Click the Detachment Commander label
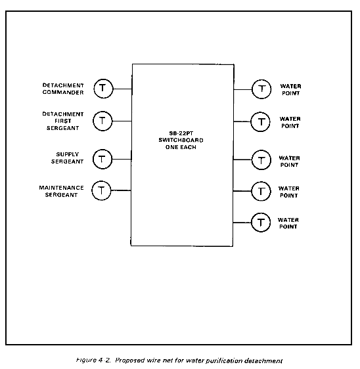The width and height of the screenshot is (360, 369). (x=63, y=89)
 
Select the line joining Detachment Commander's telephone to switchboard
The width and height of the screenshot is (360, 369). (x=122, y=89)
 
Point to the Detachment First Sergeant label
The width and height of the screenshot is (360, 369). (x=63, y=121)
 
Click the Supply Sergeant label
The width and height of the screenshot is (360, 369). (x=68, y=158)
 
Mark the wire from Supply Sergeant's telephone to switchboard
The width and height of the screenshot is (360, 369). (x=122, y=160)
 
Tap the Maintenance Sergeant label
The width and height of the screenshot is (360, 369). (x=62, y=191)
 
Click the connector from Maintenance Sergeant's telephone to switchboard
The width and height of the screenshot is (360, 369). (x=121, y=190)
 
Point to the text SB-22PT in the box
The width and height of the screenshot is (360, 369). (x=181, y=133)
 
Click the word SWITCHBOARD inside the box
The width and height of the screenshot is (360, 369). (x=181, y=141)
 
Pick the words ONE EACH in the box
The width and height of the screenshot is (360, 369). (x=181, y=147)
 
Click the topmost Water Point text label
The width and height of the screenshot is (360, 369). (x=291, y=90)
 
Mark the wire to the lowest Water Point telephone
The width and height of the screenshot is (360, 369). (x=242, y=223)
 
